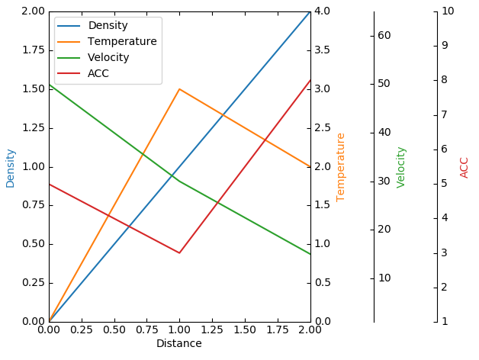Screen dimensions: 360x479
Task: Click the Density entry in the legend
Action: click(x=108, y=25)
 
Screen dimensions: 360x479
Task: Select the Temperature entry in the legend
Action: click(x=122, y=41)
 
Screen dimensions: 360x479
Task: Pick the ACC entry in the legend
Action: click(x=98, y=73)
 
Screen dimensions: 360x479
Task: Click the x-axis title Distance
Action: click(x=179, y=344)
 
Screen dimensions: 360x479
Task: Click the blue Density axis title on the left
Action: click(x=11, y=168)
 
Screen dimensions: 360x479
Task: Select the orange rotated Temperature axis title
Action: click(x=341, y=167)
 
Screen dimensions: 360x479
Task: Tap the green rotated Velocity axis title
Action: click(x=401, y=167)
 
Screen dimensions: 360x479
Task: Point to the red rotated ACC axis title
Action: click(x=465, y=167)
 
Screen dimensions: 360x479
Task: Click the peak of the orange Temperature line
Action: click(x=179, y=89)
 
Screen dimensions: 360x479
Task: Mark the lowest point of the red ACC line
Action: click(x=179, y=253)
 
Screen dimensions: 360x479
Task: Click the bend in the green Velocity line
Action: click(x=179, y=181)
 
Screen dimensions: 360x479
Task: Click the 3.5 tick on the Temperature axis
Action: click(x=323, y=50)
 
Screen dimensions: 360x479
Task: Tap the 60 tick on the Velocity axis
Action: click(x=384, y=35)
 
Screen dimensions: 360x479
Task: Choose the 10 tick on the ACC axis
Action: click(x=448, y=11)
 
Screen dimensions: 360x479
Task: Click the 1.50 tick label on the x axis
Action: click(x=245, y=330)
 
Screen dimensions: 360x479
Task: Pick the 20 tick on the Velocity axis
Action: click(x=384, y=229)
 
